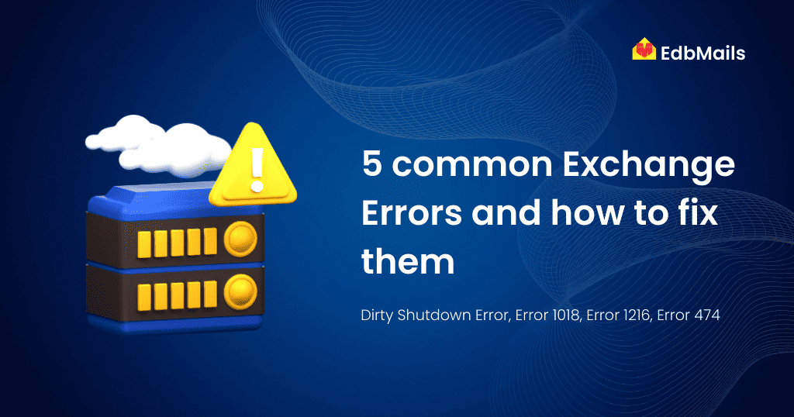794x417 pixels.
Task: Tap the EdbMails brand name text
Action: [703, 53]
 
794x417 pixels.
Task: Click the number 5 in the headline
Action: [371, 164]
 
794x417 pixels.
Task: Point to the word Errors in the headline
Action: [412, 213]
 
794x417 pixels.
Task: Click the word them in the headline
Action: [408, 261]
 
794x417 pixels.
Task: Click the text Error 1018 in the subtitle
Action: [547, 315]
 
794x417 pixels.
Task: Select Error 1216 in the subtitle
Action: [618, 315]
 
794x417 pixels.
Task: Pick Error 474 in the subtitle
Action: [689, 315]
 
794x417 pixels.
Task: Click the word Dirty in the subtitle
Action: [377, 315]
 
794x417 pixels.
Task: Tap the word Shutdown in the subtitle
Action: [434, 315]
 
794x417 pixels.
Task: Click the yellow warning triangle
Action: [253, 166]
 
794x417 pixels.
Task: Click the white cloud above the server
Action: [158, 146]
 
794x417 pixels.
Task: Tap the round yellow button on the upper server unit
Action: [240, 239]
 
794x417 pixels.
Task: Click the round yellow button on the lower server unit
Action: [240, 292]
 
